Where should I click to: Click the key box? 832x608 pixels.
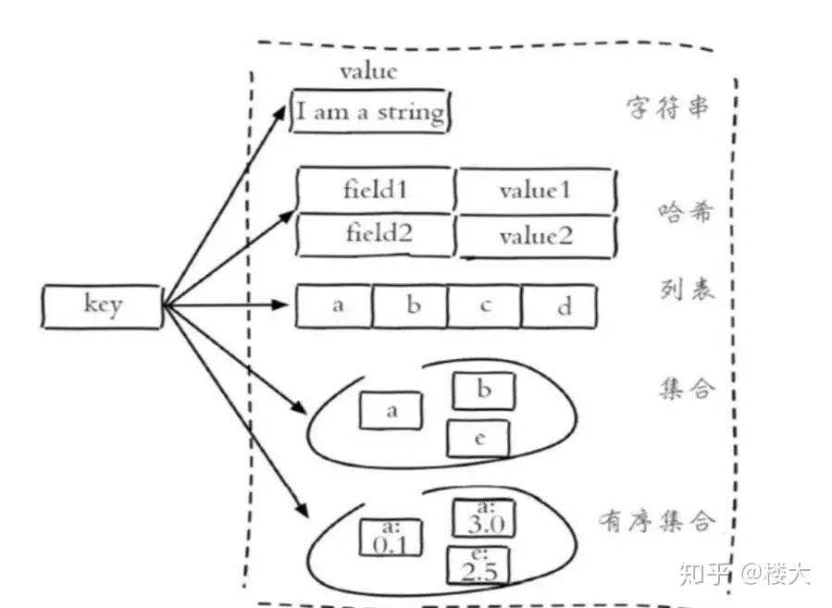(102, 306)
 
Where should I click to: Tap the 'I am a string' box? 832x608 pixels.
(370, 111)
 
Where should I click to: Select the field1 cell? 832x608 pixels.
(375, 190)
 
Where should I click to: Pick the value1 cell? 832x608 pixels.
(536, 191)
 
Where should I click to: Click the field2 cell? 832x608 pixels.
(375, 235)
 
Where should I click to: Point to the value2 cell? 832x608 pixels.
(536, 236)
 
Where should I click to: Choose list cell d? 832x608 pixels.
(559, 306)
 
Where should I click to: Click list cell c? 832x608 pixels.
(484, 305)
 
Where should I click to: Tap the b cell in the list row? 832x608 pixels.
(410, 305)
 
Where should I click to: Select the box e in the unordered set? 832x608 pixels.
(478, 439)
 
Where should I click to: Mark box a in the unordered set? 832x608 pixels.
(391, 410)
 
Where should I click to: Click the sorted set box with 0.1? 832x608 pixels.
(391, 538)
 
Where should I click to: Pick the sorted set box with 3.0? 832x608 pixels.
(483, 518)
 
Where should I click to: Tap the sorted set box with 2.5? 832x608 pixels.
(478, 565)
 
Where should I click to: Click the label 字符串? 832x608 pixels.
(667, 107)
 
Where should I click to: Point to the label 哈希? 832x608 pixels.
(685, 212)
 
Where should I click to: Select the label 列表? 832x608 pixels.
(687, 290)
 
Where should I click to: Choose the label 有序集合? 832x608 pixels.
(657, 520)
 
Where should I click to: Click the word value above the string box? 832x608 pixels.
(368, 71)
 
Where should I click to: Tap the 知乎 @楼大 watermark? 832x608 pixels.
(745, 573)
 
